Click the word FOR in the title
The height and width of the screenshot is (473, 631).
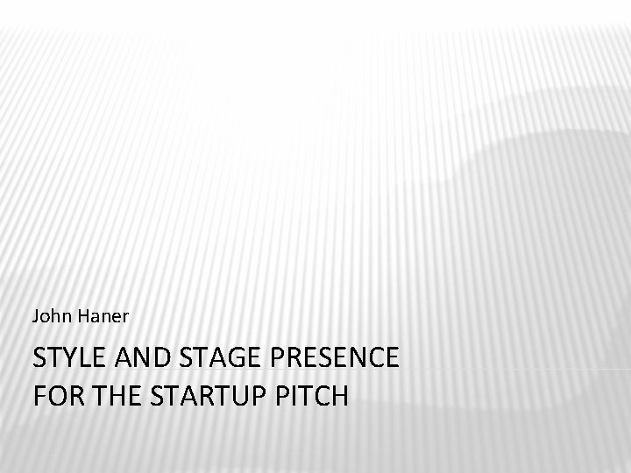55,395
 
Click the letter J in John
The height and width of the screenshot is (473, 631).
35,314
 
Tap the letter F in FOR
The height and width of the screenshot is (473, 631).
39,395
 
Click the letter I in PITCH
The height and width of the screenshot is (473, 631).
298,395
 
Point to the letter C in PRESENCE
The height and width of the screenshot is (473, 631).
373,358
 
